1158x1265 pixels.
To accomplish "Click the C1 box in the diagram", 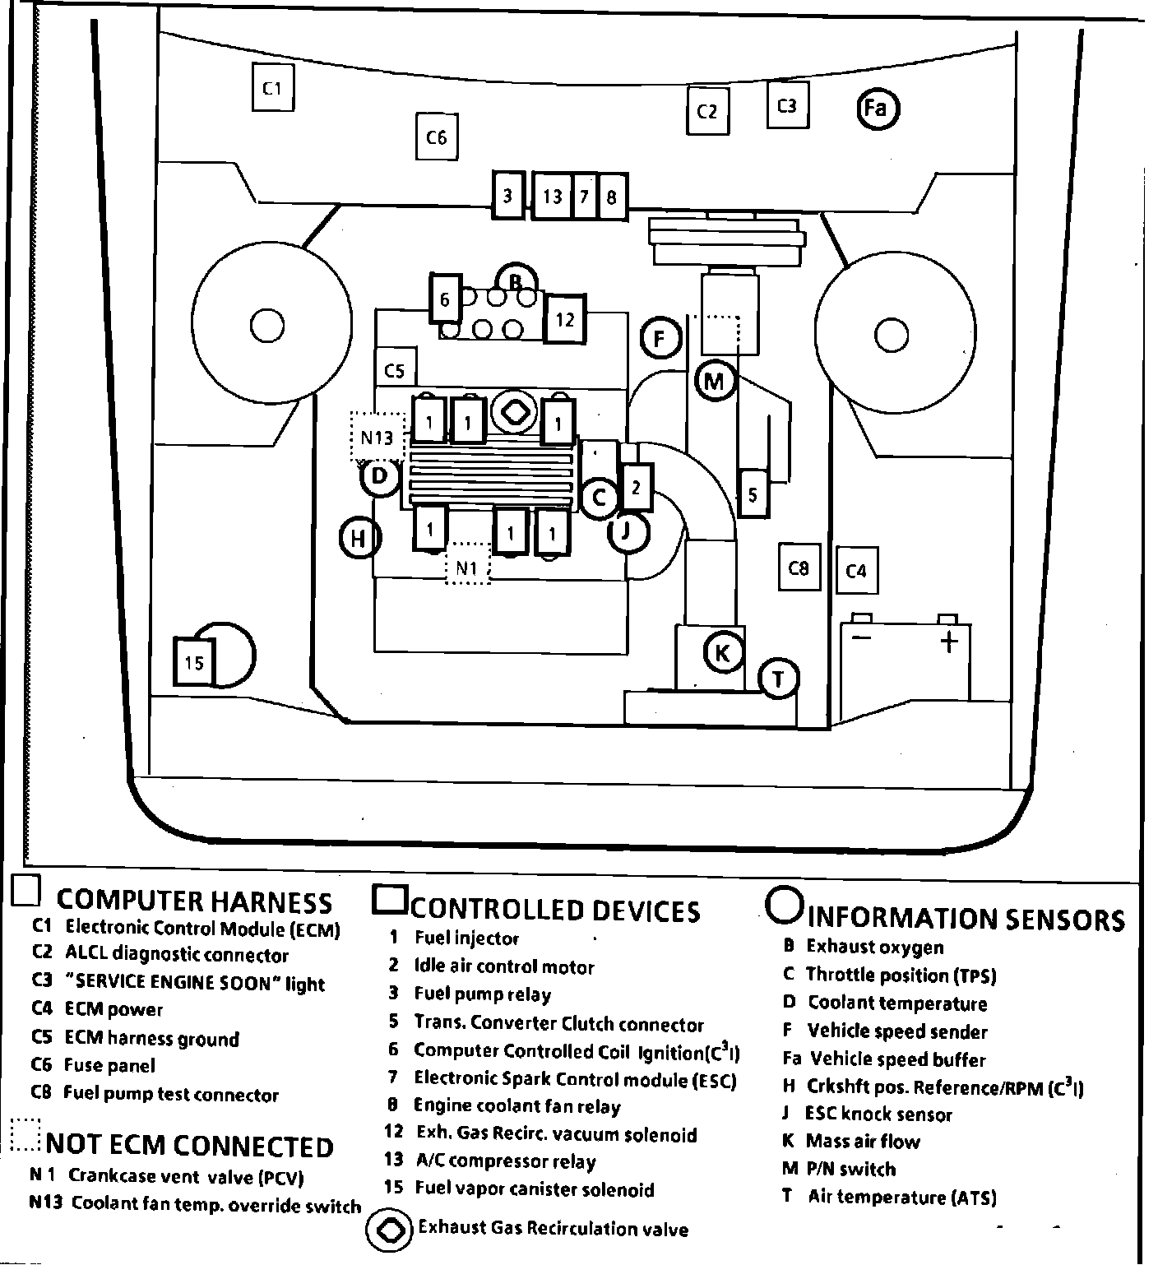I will (272, 87).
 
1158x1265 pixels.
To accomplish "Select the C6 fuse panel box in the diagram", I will (436, 137).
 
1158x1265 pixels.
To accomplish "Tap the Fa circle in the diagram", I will (877, 109).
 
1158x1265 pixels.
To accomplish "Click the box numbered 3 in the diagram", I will (507, 196).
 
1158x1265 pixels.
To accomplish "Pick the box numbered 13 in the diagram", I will (553, 196).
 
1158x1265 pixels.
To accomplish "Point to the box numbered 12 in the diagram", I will (564, 319).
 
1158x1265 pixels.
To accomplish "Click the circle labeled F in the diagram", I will (660, 338).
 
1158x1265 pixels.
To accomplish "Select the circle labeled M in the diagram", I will (714, 381).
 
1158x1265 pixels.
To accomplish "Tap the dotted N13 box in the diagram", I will (378, 438).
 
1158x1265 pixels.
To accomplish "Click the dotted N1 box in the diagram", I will (467, 568).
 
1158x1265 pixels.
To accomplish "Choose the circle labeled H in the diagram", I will (359, 540).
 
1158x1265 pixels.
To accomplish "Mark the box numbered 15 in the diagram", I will (194, 662).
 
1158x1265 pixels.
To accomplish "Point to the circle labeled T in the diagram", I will (778, 679).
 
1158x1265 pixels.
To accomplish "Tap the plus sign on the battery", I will (948, 642).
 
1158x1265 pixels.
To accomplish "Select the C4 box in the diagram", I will (856, 569).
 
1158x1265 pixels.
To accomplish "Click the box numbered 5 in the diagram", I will (753, 493).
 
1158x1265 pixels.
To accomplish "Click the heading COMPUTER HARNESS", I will (194, 902).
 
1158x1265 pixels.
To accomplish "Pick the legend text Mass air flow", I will (862, 1142).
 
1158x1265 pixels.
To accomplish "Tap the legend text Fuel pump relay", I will (482, 994).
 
